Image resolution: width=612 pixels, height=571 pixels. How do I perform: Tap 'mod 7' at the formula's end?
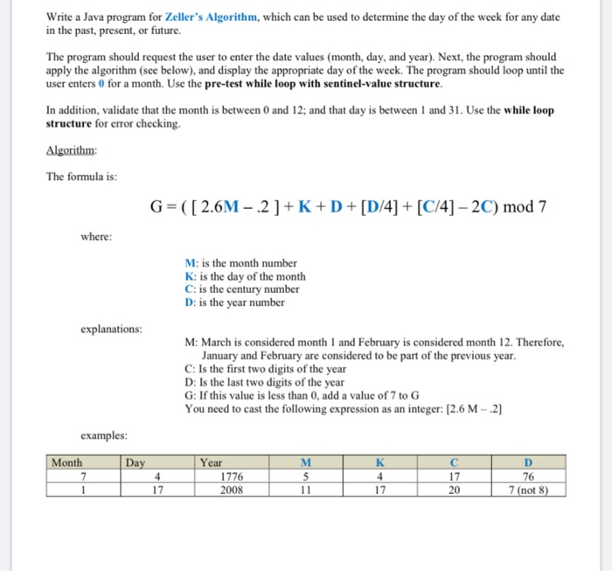pos(525,207)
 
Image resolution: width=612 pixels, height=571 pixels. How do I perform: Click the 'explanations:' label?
pos(111,330)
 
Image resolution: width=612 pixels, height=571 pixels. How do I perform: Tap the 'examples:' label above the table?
pos(104,435)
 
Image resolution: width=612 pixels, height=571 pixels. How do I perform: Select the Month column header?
pos(67,463)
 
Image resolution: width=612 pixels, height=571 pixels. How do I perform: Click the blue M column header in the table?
pos(305,463)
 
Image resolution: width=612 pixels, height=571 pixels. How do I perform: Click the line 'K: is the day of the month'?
pos(245,276)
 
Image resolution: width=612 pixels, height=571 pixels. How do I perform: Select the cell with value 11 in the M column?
pos(305,490)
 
